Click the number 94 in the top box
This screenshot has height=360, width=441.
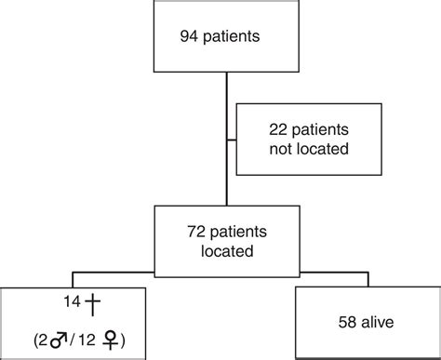(x=189, y=38)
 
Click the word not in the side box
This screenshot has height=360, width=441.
(x=264, y=150)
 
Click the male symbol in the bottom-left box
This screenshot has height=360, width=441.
(x=64, y=336)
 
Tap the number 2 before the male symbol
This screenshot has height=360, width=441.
(x=46, y=337)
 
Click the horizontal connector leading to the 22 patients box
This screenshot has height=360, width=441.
(x=232, y=140)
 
